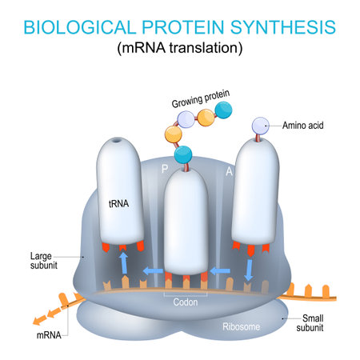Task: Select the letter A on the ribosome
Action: pos(227,170)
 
